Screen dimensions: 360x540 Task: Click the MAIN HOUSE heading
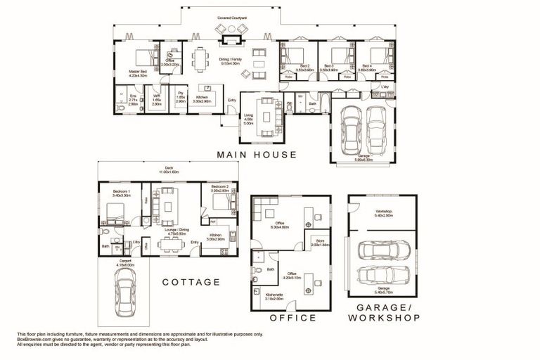256,154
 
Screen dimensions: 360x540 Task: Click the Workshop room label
383,212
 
